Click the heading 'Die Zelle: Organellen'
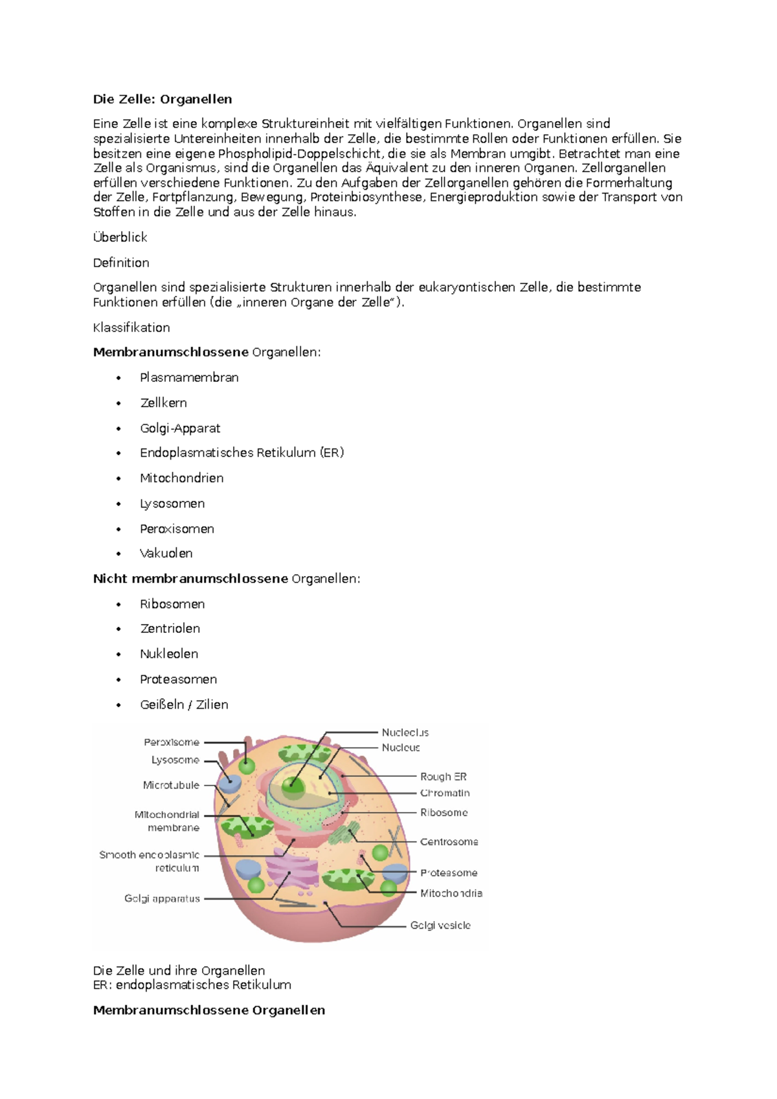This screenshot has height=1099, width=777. tap(163, 99)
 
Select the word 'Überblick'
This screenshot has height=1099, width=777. tap(120, 238)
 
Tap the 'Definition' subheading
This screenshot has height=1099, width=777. tap(121, 263)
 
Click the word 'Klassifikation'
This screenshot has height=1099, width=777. tap(131, 327)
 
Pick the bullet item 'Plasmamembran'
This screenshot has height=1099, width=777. tap(189, 377)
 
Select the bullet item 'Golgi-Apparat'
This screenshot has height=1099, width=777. tap(180, 428)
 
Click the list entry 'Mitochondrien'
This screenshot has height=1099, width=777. tap(182, 478)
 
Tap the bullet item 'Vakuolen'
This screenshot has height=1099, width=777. tap(166, 553)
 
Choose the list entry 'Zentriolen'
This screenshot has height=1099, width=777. tap(170, 628)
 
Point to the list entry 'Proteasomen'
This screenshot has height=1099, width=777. tap(179, 680)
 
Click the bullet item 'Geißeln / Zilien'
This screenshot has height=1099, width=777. tap(184, 705)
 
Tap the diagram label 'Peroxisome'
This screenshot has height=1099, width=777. tap(172, 742)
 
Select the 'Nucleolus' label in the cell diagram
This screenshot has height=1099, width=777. tap(405, 733)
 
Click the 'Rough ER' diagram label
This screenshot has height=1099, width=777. tap(444, 777)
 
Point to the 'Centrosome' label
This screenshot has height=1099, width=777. tap(449, 842)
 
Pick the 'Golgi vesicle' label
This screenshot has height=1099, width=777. tap(440, 926)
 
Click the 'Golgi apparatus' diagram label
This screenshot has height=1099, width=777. tap(162, 898)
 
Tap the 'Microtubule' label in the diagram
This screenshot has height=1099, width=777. tap(171, 785)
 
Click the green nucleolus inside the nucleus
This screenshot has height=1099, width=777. tap(293, 785)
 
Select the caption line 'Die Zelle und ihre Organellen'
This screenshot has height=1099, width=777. tap(179, 971)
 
